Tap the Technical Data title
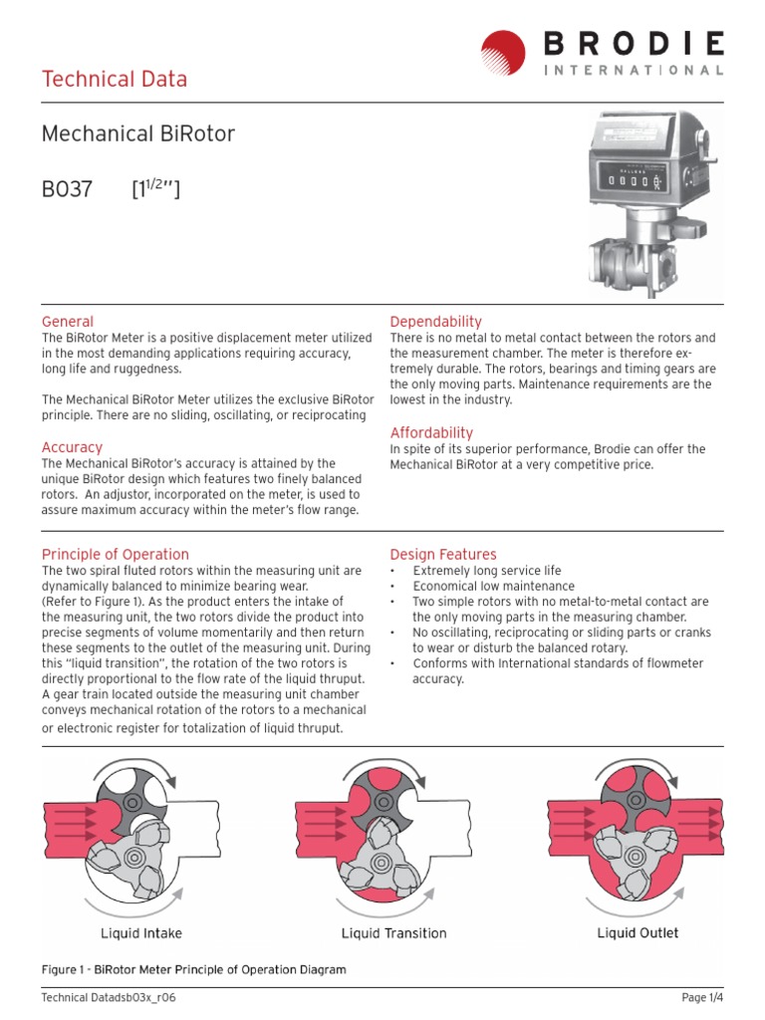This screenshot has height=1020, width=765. (114, 80)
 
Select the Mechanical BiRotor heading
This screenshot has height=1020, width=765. (137, 133)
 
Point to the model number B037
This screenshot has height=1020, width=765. (67, 188)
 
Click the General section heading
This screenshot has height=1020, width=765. (68, 322)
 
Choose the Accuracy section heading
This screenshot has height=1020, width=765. (72, 448)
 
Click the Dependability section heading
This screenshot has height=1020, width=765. (435, 322)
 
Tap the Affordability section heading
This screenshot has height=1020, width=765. (431, 433)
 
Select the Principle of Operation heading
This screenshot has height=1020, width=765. (115, 555)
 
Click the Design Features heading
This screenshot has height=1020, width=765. (443, 555)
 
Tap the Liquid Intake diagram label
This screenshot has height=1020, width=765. (141, 933)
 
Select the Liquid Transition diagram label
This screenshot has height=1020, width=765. (393, 933)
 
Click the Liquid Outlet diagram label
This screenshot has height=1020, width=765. (637, 932)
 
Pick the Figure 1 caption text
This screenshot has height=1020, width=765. (193, 969)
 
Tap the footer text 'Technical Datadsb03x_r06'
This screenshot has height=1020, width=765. (101, 998)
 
